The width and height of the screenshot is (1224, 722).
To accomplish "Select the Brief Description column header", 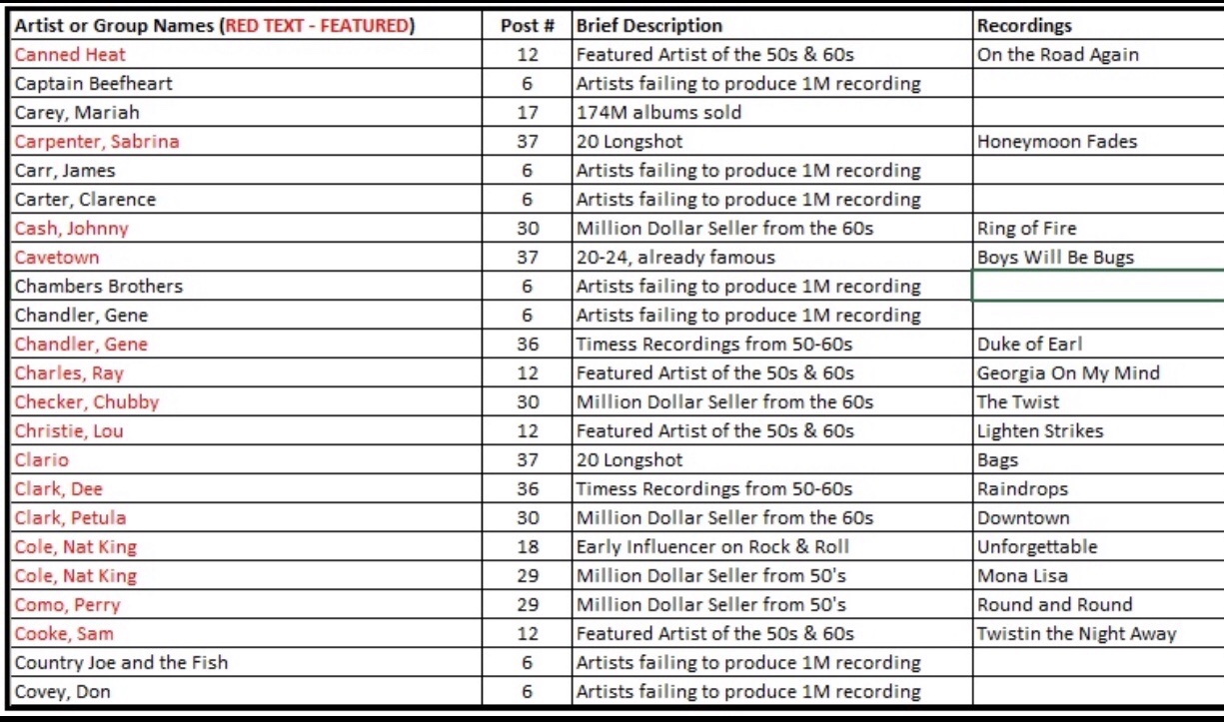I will [x=648, y=26].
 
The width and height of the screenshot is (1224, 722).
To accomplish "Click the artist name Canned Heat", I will [x=70, y=55].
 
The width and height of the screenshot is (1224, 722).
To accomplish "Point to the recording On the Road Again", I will [x=1058, y=55].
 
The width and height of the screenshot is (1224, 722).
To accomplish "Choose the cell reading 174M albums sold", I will [x=658, y=113].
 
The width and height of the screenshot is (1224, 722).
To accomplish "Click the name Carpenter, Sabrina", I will [x=97, y=142].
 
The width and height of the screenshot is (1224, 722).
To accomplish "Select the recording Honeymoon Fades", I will [x=1057, y=142].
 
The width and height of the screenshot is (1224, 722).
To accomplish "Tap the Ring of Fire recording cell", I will [x=1027, y=229].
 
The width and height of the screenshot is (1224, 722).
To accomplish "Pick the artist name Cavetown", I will [x=57, y=258].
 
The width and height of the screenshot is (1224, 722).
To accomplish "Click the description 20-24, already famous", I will [x=675, y=258].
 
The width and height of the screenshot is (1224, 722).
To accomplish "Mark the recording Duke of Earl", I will [x=1029, y=345].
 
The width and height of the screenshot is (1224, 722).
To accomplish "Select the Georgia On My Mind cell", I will [x=1068, y=373].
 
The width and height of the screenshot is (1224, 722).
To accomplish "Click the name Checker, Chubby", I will [x=87, y=402].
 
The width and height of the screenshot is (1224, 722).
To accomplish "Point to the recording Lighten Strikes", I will [x=1040, y=431].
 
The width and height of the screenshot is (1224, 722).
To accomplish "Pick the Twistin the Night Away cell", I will [x=1076, y=634].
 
